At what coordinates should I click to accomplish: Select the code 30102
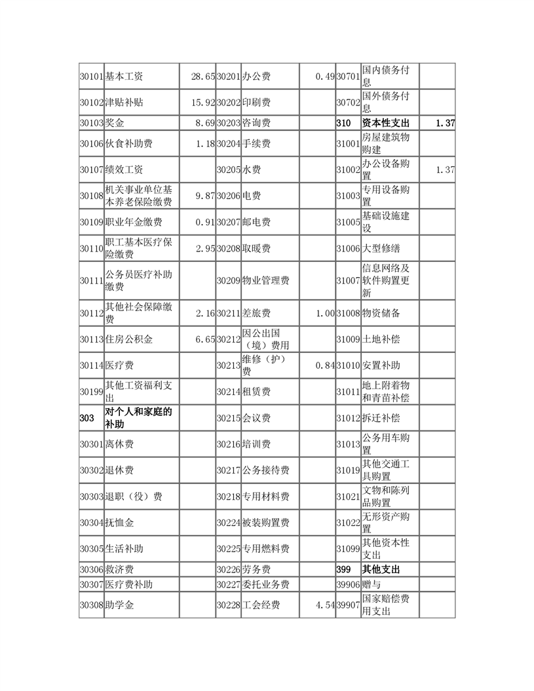(x=91, y=102)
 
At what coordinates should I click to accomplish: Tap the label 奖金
(x=115, y=122)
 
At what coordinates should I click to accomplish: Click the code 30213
(x=228, y=365)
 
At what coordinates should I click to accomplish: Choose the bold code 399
(x=343, y=569)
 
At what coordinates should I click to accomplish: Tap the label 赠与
(x=372, y=584)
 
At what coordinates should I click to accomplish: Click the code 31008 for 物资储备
(x=348, y=314)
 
